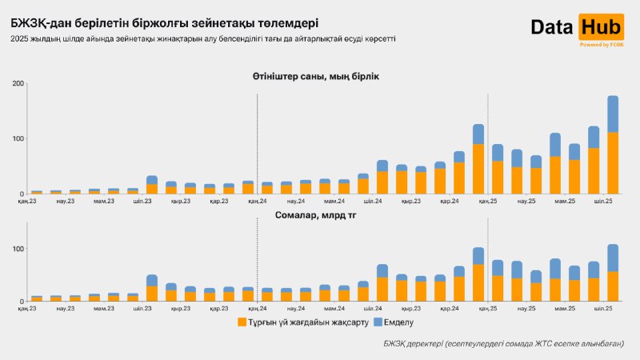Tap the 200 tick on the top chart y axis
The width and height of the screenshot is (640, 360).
15,84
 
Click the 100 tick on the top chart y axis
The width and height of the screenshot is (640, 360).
15,138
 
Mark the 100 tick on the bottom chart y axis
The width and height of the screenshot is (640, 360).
15,249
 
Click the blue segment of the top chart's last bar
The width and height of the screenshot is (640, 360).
613,114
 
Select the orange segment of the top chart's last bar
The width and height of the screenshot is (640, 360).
613,163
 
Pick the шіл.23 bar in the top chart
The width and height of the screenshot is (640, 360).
152,185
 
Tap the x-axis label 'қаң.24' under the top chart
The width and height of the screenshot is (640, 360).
258,202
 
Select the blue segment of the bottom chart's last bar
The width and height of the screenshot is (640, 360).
613,258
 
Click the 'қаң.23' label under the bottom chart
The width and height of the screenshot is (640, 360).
27,308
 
